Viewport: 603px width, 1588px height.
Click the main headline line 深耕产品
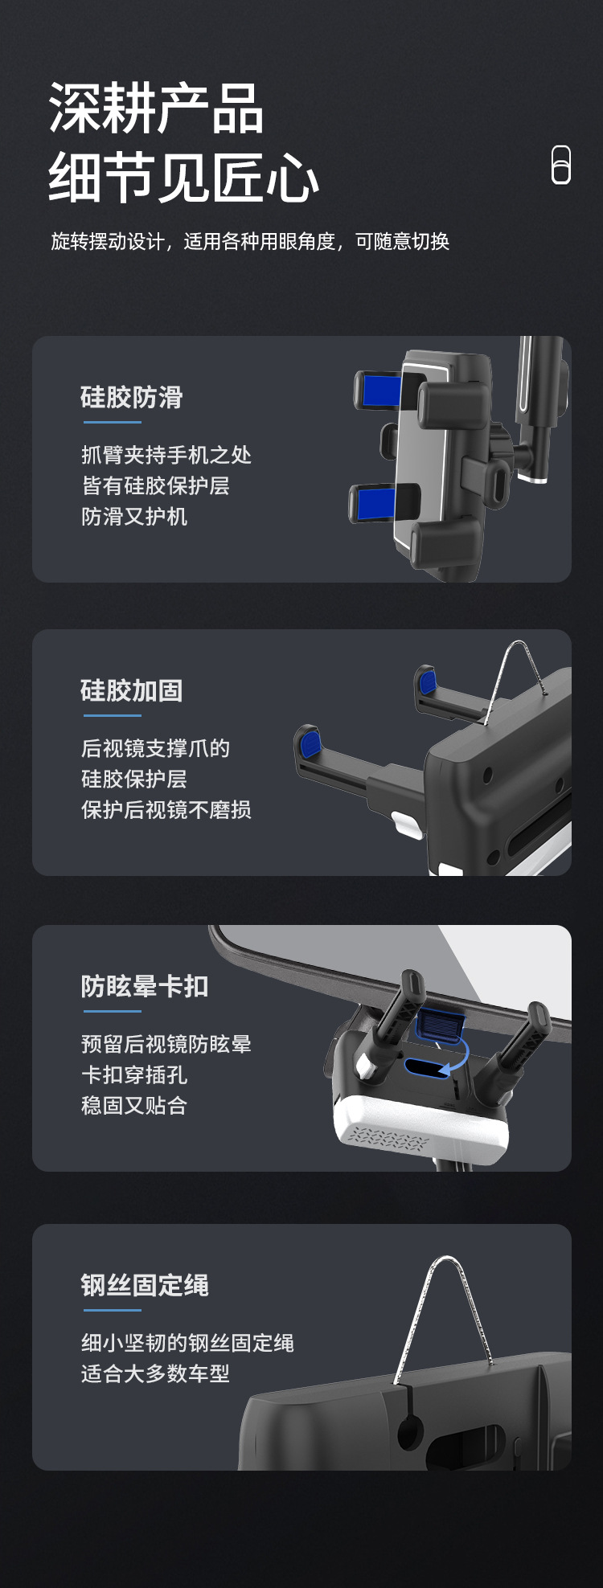point(156,108)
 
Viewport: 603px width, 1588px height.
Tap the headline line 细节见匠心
point(184,178)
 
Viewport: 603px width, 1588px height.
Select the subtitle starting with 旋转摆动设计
point(250,242)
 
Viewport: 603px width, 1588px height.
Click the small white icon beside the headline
point(561,165)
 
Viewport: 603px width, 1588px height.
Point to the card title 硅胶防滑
point(132,397)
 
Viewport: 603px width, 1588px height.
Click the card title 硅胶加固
point(132,690)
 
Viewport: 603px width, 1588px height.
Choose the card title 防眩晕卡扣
point(145,986)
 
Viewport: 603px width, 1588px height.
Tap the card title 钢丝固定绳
point(145,1285)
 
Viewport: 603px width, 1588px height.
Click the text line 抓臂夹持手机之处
point(166,456)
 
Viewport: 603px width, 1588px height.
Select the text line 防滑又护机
point(134,517)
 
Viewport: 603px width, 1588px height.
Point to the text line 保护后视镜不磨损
point(166,810)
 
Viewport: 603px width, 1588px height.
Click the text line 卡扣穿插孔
point(134,1075)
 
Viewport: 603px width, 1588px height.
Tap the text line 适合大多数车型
point(156,1374)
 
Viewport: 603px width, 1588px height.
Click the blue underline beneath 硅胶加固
point(112,715)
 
